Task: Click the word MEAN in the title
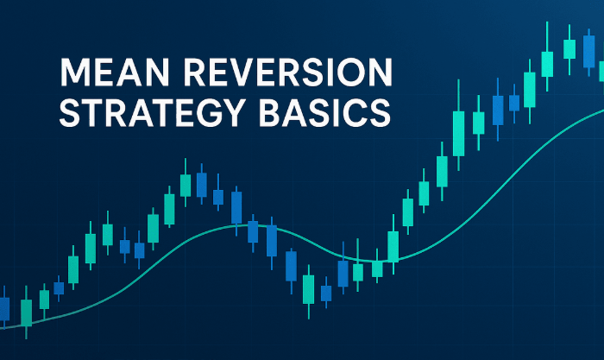115,72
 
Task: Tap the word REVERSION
287,72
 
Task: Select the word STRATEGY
152,112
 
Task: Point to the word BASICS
324,112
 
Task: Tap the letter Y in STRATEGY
233,112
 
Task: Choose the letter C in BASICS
353,112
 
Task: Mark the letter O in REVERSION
352,72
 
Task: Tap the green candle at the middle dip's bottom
309,289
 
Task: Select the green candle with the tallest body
458,133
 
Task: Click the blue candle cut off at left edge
4,309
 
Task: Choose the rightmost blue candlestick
588,51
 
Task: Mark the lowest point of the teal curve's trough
375,261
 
